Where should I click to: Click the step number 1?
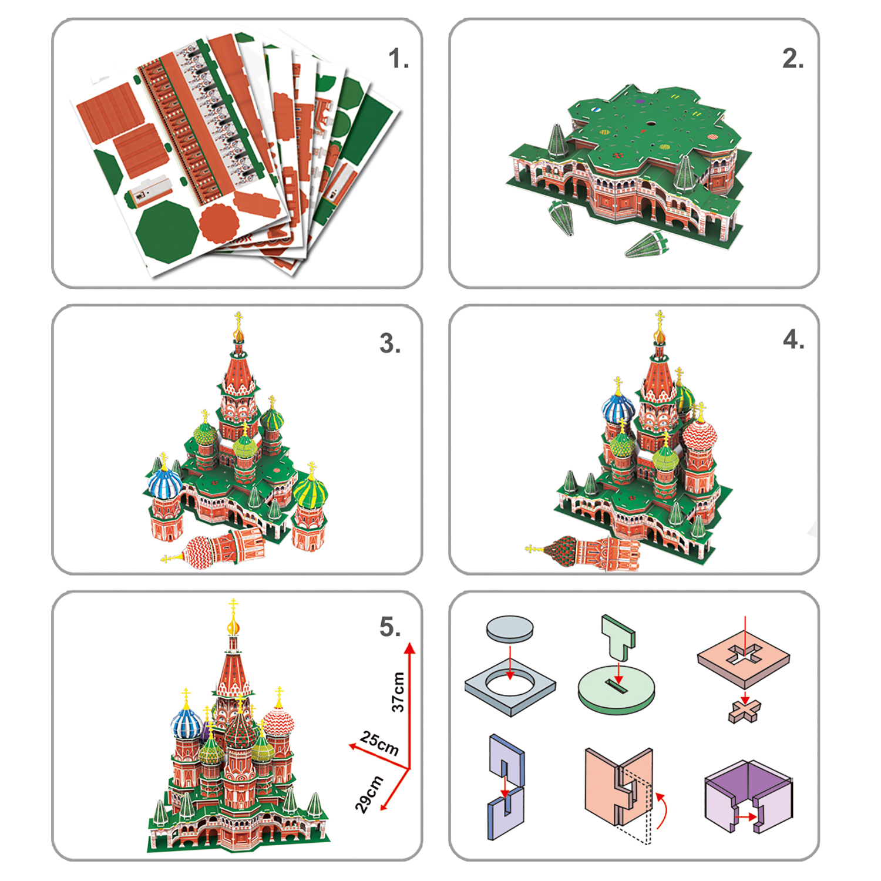[398, 59]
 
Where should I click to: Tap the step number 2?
[793, 59]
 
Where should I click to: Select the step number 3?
[390, 344]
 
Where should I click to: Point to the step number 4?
[793, 339]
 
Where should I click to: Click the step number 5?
[390, 627]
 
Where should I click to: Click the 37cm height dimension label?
[398, 692]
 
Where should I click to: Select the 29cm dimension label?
[369, 794]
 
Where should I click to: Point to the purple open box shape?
[748, 796]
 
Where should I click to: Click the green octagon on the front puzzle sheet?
[167, 232]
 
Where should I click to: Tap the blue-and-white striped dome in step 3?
[166, 483]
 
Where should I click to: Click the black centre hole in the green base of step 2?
[651, 125]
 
